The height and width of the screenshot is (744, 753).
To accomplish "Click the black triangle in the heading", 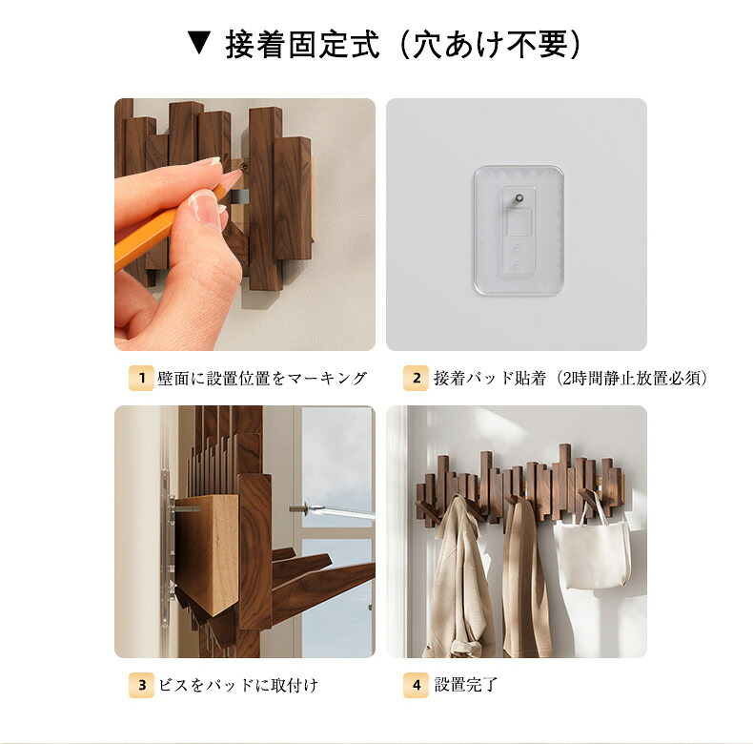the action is (x=200, y=43).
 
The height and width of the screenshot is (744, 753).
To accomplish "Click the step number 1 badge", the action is (x=141, y=378).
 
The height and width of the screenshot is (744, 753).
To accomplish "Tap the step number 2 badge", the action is (x=416, y=378).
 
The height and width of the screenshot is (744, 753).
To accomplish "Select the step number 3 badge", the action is (x=141, y=685).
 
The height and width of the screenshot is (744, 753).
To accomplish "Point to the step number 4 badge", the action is (x=416, y=685).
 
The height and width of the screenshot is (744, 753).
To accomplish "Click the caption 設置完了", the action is (x=466, y=685).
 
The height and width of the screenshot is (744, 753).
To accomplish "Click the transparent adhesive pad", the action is (x=519, y=230).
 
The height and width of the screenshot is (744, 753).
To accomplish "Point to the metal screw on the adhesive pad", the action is (x=519, y=198).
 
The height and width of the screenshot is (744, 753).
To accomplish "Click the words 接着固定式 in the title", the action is (x=302, y=44).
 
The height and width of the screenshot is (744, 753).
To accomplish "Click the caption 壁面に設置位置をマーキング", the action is (x=262, y=379).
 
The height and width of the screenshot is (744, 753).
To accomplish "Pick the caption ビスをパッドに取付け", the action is (x=238, y=685).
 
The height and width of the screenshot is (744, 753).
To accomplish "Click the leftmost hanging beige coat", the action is (x=458, y=577).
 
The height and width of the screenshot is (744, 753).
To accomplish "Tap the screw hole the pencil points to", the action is (x=244, y=167).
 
